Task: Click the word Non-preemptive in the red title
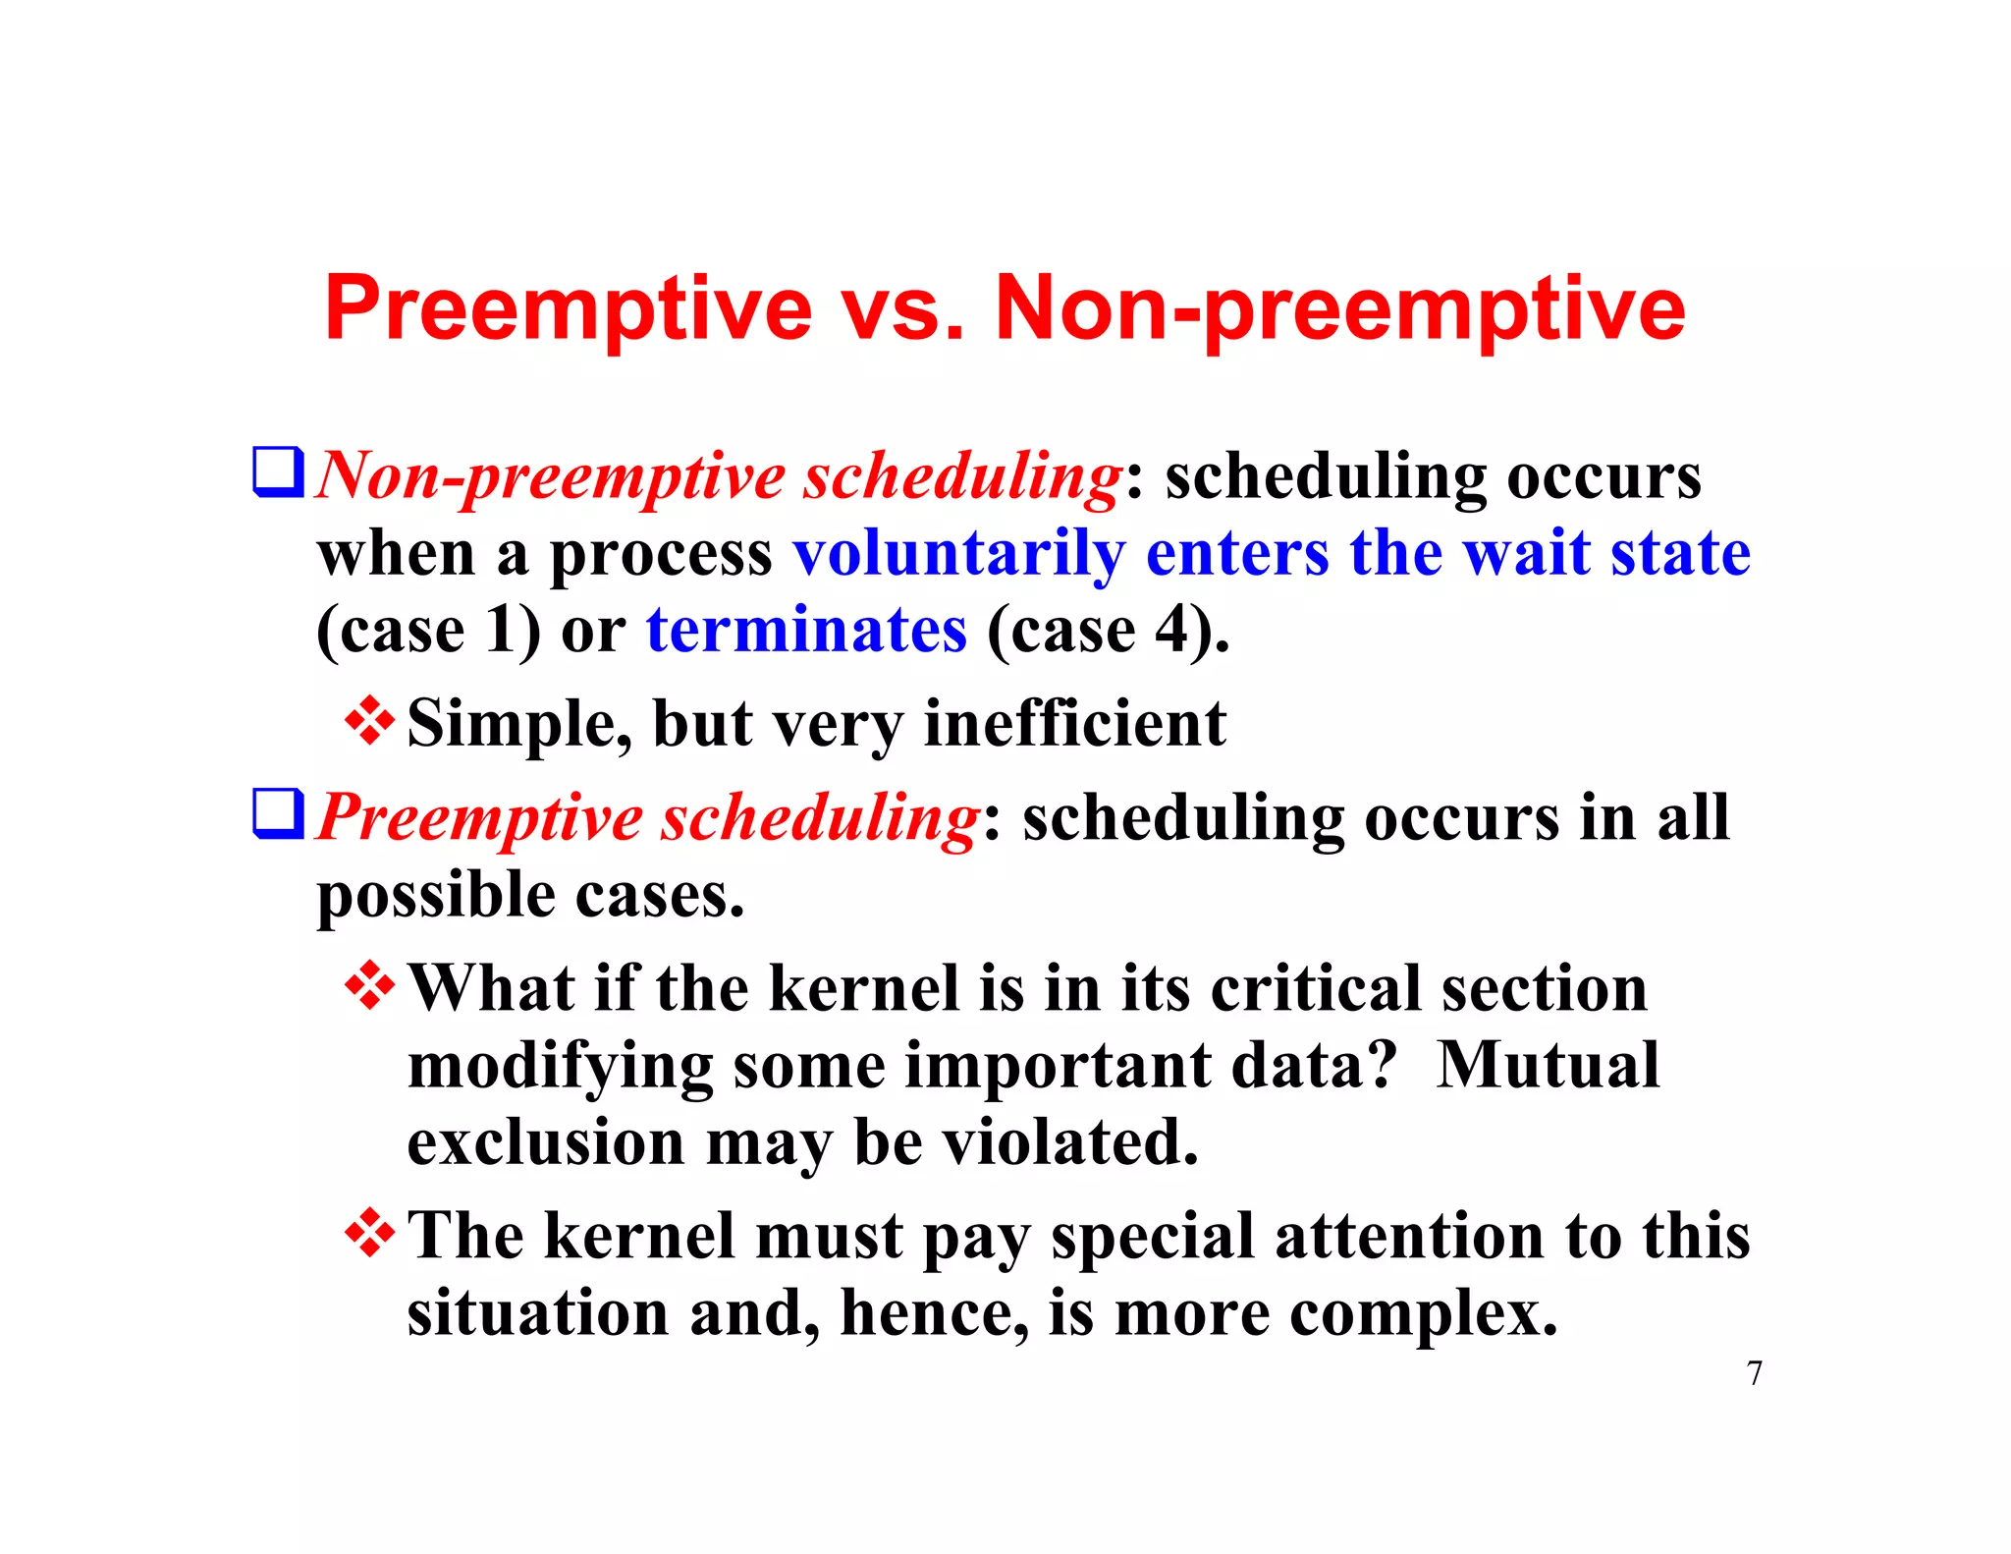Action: point(1339,309)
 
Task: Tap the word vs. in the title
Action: point(903,309)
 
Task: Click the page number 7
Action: point(1754,1373)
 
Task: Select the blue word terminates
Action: point(806,631)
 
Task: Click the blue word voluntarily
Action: point(958,554)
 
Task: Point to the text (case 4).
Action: point(1107,631)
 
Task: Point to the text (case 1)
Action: point(428,631)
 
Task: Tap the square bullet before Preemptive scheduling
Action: point(278,814)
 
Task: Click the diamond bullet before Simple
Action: point(370,721)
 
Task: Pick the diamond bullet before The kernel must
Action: point(370,1233)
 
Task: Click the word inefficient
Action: point(1074,725)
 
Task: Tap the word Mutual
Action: point(1547,1066)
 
